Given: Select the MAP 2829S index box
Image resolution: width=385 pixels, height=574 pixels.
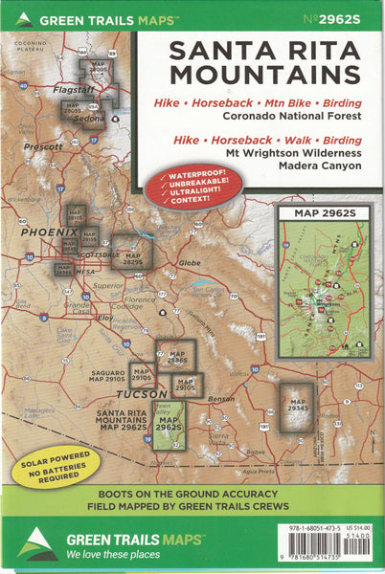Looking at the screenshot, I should (x=131, y=253).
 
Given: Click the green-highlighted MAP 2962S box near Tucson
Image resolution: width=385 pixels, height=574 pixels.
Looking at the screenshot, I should (x=170, y=425).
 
